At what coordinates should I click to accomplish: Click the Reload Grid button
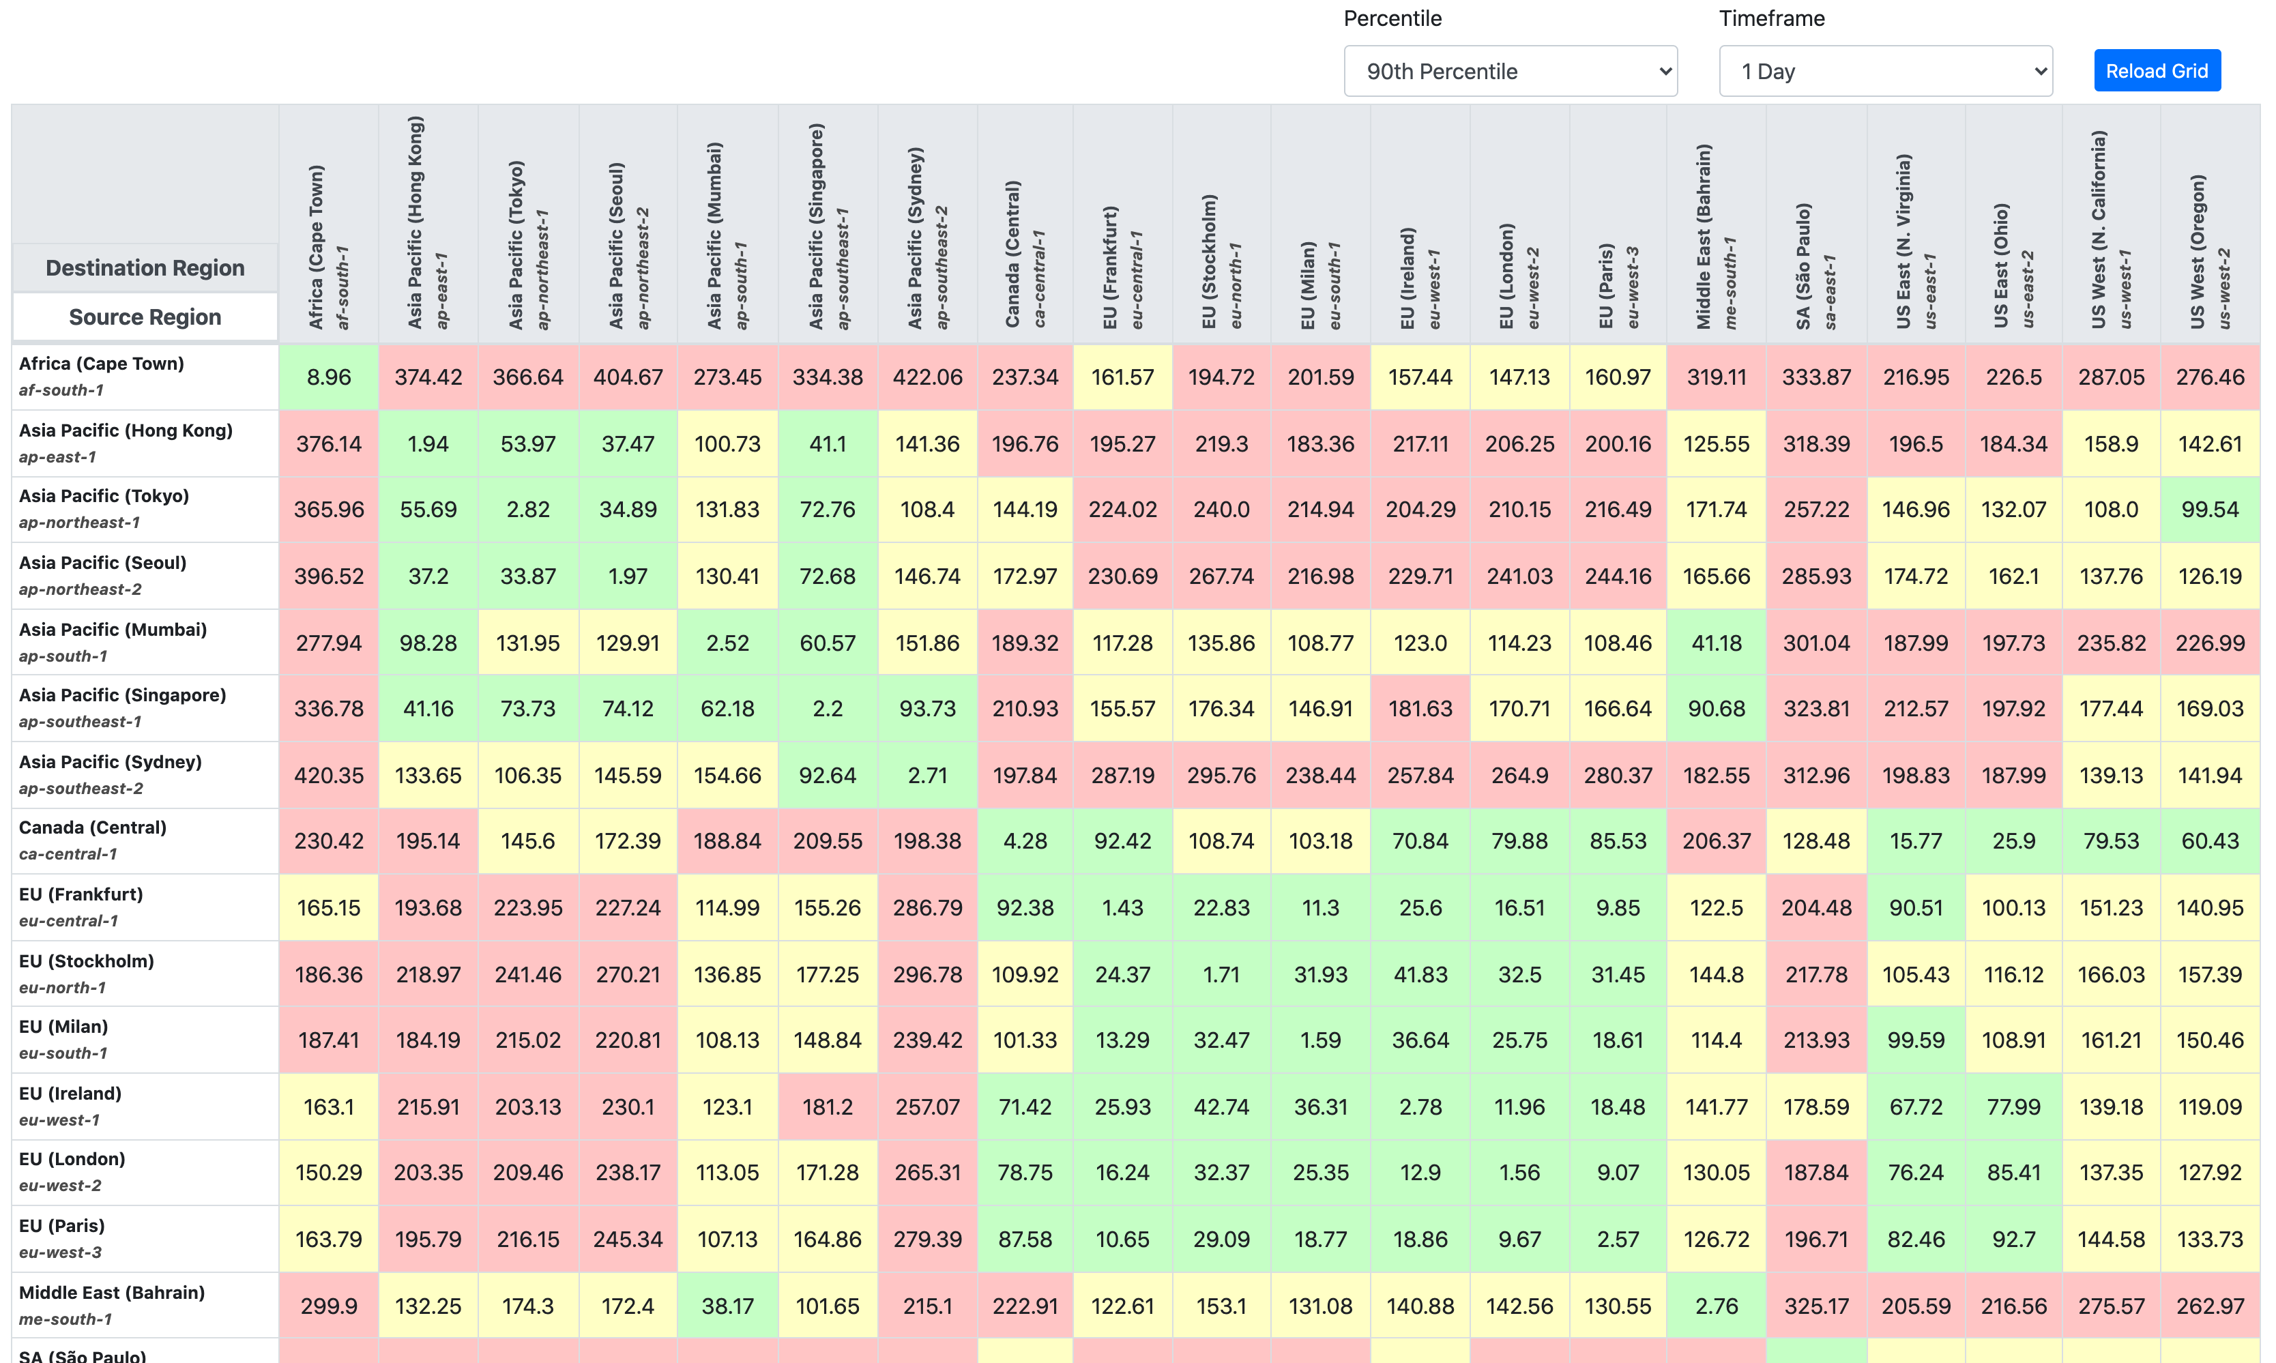click(x=2156, y=71)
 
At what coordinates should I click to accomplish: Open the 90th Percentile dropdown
click(x=1509, y=71)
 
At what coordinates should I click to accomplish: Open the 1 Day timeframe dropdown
click(x=1884, y=71)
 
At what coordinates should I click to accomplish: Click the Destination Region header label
click(x=145, y=268)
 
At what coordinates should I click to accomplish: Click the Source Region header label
click(x=145, y=317)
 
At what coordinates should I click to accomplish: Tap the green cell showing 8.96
click(x=329, y=377)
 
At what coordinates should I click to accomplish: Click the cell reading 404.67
click(x=628, y=377)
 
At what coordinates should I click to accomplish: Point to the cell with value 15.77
click(x=1915, y=840)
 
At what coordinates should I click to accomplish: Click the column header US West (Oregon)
click(x=2208, y=252)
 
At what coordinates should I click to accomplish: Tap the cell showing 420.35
click(x=329, y=775)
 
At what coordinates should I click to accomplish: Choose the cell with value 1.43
click(x=1122, y=907)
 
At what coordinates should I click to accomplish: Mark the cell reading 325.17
click(x=1816, y=1306)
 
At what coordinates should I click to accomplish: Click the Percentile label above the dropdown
click(x=1392, y=18)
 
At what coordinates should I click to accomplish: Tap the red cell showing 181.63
click(x=1420, y=708)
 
